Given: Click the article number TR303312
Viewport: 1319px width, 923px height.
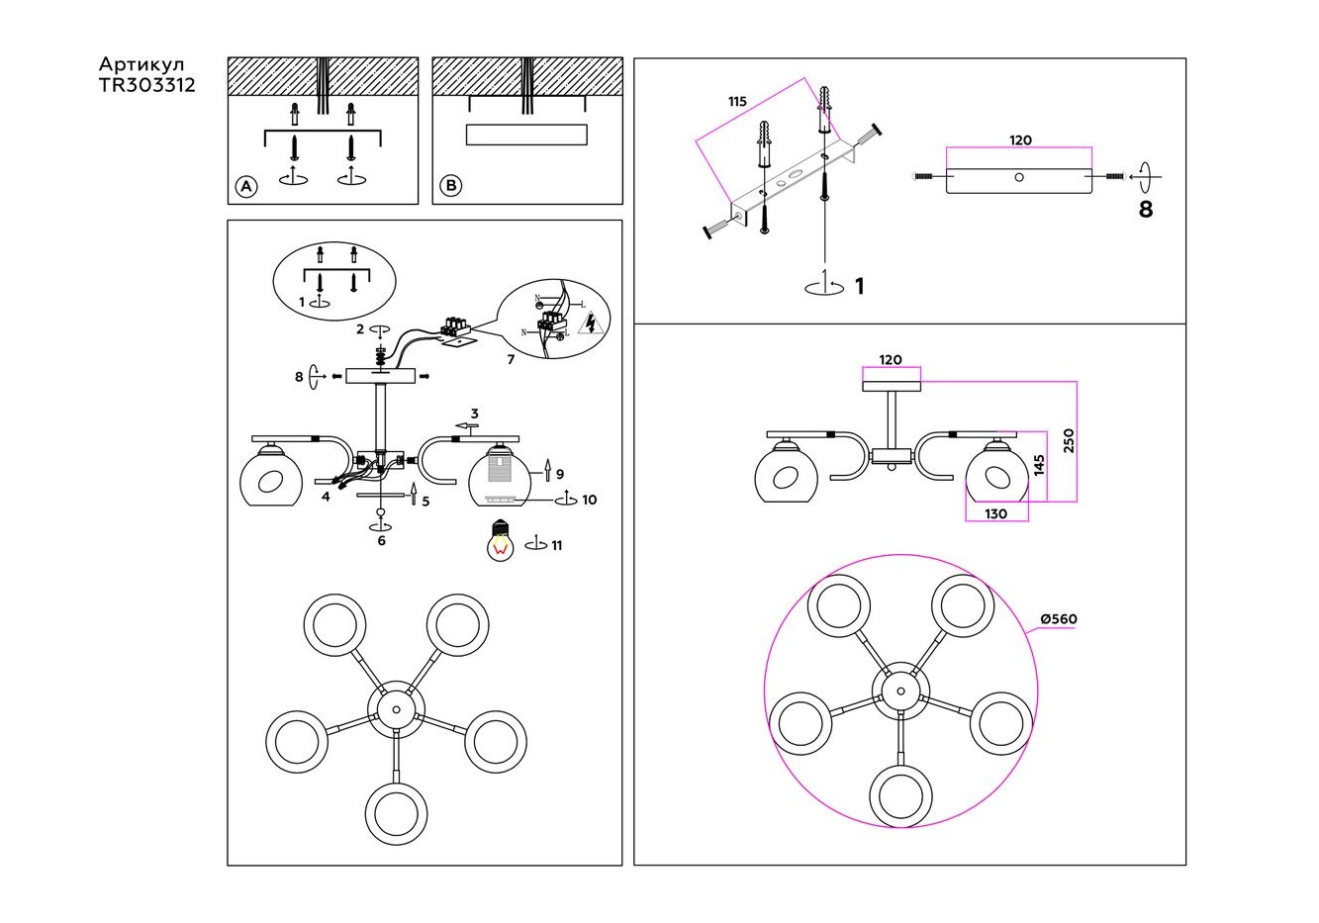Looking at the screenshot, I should tap(146, 86).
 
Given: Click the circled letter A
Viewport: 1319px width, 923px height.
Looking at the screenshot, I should tap(246, 186).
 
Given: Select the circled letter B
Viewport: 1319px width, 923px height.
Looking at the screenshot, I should tap(450, 186).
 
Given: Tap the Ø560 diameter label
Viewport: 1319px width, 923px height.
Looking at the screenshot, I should tap(1058, 619).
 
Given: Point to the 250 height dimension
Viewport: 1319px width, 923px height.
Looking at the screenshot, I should tap(1068, 441).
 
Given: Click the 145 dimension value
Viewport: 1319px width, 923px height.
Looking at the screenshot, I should tap(1038, 465).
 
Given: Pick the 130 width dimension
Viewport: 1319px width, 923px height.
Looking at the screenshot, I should tap(996, 513).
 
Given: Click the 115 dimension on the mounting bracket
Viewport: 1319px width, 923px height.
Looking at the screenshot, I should tap(737, 102).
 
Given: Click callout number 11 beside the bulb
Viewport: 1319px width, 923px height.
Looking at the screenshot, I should tap(557, 545).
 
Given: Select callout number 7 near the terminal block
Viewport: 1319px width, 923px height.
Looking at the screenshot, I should tap(511, 359).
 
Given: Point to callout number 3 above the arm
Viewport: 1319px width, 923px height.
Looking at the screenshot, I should tap(475, 414).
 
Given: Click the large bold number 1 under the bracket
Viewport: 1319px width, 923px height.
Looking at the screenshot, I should tap(859, 286).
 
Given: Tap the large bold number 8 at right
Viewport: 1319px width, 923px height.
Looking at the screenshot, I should tap(1146, 210).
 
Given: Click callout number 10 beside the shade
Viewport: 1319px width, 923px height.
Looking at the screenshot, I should tap(590, 500).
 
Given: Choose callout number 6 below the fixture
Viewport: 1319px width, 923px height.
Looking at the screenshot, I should tap(381, 540).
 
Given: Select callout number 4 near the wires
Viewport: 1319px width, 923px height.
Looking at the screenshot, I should tap(326, 497).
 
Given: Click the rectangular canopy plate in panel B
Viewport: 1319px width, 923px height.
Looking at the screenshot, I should tap(526, 136).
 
